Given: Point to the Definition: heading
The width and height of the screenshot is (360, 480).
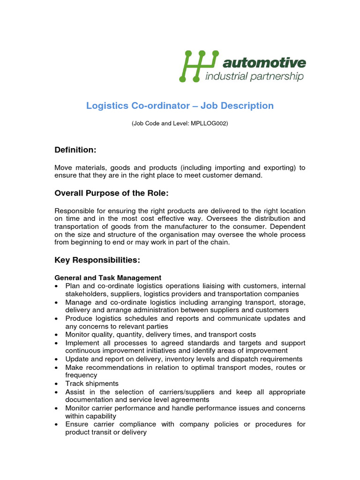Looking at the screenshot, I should pyautogui.click(x=75, y=150).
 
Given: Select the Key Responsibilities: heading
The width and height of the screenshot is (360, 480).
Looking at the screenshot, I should pyautogui.click(x=97, y=260).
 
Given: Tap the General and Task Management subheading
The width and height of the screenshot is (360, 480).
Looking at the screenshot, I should pyautogui.click(x=108, y=277).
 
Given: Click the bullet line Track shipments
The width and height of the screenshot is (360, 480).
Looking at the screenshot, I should pyautogui.click(x=92, y=383).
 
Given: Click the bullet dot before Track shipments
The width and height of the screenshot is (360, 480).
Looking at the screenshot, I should pyautogui.click(x=57, y=384).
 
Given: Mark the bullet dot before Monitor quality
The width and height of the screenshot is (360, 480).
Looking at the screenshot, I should pyautogui.click(x=57, y=335).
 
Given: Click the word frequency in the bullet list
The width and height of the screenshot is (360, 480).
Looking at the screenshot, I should pyautogui.click(x=81, y=375).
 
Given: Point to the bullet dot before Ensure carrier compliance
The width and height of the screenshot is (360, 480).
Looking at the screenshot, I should pyautogui.click(x=57, y=424).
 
